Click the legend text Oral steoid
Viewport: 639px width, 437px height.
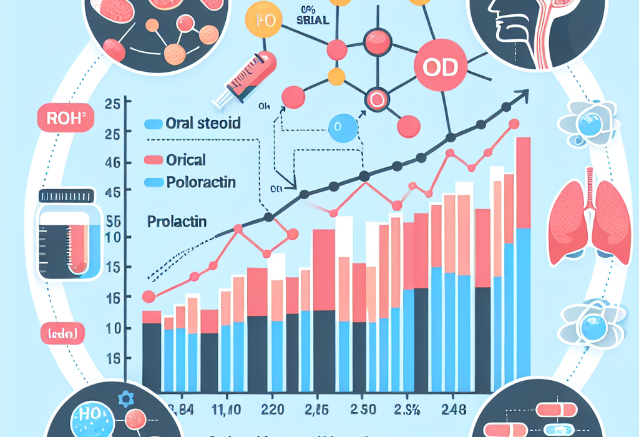point(203,123)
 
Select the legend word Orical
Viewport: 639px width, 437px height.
point(186,160)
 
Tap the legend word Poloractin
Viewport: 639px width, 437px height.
point(201,183)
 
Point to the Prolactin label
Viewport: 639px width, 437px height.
point(177,221)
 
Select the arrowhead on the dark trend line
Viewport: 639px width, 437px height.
point(524,96)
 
